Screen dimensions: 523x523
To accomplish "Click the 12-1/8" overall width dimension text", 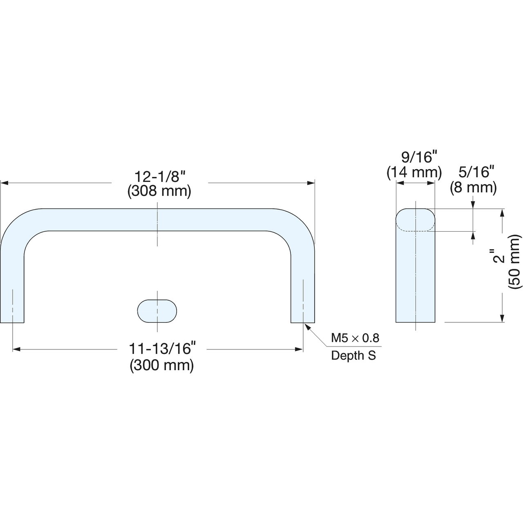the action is click(x=160, y=177).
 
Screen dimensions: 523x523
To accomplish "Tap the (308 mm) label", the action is click(x=159, y=191).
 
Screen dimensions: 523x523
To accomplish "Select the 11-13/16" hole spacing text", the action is click(x=162, y=349).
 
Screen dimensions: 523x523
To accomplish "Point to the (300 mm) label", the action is click(x=162, y=365).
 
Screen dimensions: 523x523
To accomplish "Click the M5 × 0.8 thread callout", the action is click(x=355, y=338).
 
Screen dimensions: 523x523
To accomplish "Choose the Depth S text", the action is click(x=353, y=355).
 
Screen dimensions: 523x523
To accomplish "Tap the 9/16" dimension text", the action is click(x=419, y=157).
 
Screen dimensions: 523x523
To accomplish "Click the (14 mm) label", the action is click(x=414, y=172).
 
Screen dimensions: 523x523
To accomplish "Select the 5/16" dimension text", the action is click(x=476, y=172).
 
